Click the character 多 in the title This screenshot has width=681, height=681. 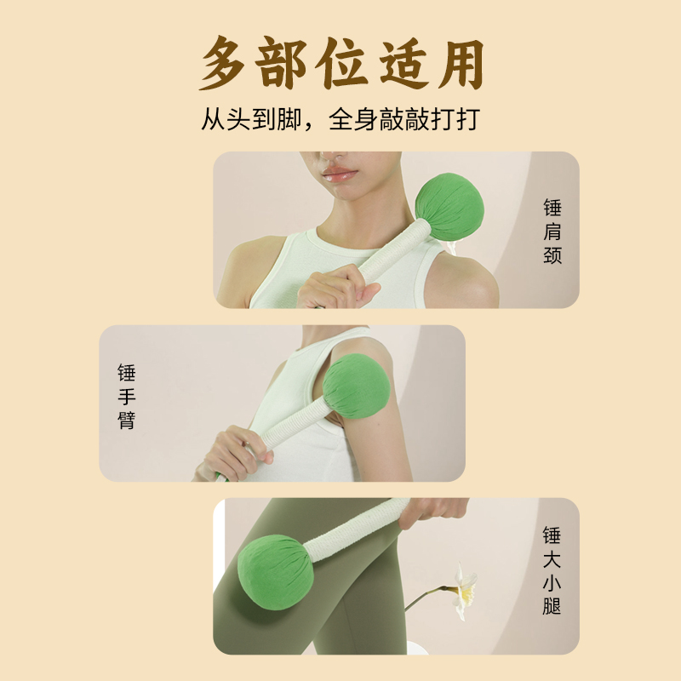tap(222, 63)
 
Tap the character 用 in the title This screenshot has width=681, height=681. tap(460, 63)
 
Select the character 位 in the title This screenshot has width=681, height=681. tap(341, 63)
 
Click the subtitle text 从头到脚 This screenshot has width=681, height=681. tap(251, 119)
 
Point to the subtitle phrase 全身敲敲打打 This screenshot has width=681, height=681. tap(404, 119)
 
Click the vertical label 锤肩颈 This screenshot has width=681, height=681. tap(552, 231)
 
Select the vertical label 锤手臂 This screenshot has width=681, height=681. tap(127, 397)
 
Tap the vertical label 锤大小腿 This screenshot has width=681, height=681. tap(552, 570)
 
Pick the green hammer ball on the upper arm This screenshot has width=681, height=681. tap(357, 386)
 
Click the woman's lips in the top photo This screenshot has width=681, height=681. tap(340, 175)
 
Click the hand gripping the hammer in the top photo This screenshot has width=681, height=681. tap(336, 287)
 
